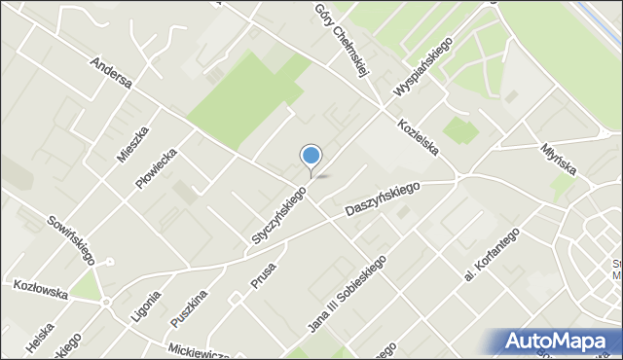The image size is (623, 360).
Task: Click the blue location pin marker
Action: click(311, 156)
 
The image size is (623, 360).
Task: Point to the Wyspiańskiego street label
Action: click(424, 68)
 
